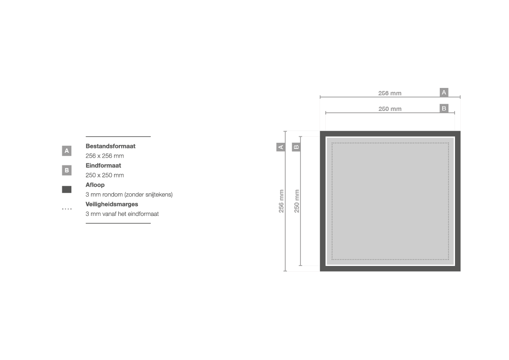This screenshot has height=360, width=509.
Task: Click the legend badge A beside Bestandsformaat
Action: (67, 151)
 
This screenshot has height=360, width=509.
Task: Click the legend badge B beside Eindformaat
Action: (67, 170)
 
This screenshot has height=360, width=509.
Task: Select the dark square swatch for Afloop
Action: (67, 189)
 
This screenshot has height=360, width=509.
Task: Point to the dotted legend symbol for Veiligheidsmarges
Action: (67, 209)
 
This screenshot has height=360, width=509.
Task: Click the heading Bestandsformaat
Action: (110, 146)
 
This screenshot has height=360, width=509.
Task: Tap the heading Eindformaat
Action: (103, 165)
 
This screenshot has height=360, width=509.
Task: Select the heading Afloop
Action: (95, 185)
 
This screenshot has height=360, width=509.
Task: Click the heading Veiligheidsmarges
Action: (112, 204)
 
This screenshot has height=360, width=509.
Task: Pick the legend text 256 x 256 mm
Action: (104, 156)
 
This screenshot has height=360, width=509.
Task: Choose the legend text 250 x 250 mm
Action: (104, 175)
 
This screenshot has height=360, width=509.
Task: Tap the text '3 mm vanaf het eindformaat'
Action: (122, 214)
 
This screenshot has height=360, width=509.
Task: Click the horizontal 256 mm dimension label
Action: (390, 93)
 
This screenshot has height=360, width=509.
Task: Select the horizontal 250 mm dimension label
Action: (390, 109)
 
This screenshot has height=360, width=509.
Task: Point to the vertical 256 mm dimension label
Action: (281, 201)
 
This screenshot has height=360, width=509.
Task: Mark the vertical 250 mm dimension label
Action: (297, 201)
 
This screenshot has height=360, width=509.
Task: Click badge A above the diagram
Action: (444, 92)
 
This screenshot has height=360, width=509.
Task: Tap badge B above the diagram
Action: (444, 108)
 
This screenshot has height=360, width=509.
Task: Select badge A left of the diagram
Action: (281, 147)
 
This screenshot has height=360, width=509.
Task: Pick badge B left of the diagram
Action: (297, 147)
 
